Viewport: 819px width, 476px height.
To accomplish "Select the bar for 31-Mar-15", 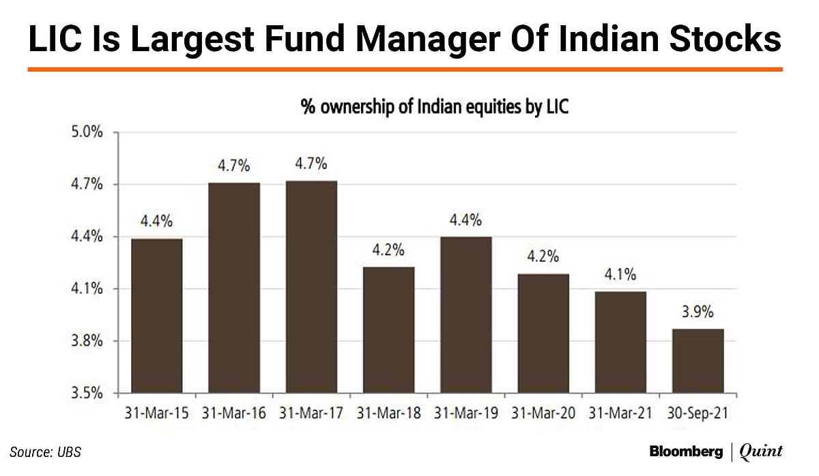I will pyautogui.click(x=156, y=316).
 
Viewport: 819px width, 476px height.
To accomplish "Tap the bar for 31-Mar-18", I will pyautogui.click(x=389, y=330).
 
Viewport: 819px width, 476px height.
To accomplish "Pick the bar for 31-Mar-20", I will pyautogui.click(x=544, y=333).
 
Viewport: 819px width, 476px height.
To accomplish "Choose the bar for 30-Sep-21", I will pyautogui.click(x=698, y=361).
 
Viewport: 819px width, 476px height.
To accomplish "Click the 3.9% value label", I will pyautogui.click(x=698, y=312).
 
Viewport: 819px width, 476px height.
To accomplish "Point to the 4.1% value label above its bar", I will pyautogui.click(x=620, y=275).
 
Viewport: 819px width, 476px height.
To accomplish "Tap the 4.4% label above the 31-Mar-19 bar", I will pyautogui.click(x=466, y=220).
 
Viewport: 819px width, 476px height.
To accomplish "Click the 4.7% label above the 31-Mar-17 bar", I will pyautogui.click(x=311, y=164).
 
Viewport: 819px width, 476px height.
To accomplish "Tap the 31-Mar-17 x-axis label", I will pyautogui.click(x=311, y=413).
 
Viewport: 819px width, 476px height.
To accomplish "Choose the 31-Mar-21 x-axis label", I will pyautogui.click(x=620, y=413).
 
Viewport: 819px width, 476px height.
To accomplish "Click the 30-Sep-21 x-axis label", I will pyautogui.click(x=698, y=413).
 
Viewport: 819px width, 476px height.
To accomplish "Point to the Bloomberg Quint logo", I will pyautogui.click(x=716, y=451).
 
